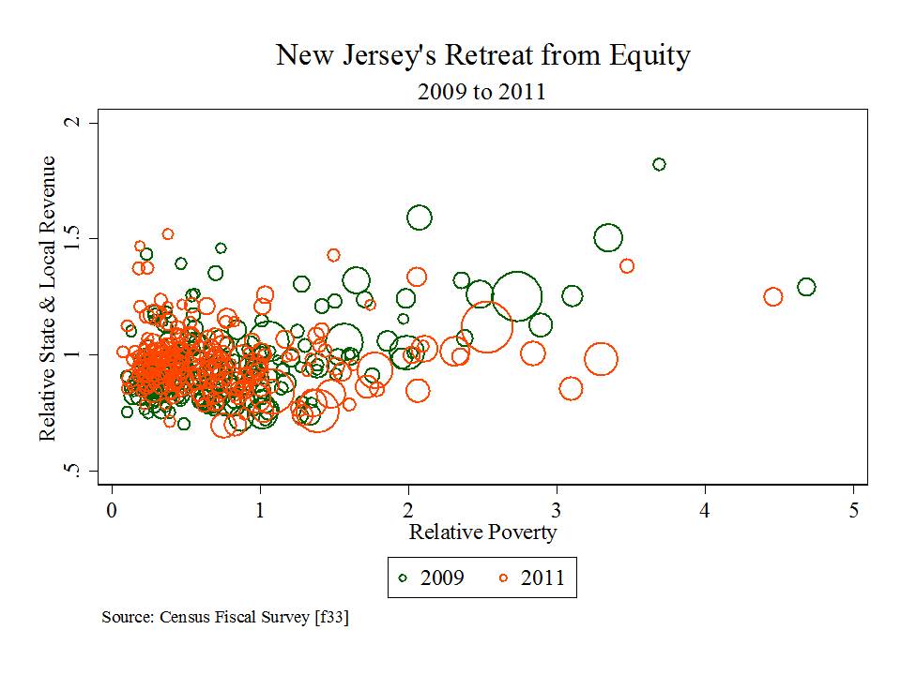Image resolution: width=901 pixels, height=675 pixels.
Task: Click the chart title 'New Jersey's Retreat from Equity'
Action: [x=482, y=55]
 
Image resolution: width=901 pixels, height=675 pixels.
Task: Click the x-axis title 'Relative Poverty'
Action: [x=482, y=532]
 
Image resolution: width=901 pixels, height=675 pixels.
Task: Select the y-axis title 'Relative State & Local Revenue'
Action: [x=48, y=298]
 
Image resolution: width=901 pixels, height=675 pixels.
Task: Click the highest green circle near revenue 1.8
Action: [x=659, y=164]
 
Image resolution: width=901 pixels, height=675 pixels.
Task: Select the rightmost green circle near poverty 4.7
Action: [x=806, y=287]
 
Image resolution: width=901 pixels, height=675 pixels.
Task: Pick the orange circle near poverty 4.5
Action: [x=772, y=296]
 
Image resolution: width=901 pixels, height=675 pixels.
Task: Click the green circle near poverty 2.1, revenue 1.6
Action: [x=419, y=218]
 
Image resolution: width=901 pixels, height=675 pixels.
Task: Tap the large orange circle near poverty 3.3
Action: [x=601, y=358]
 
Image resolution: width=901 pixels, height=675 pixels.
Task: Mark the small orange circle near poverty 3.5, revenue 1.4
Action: [x=627, y=266]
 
